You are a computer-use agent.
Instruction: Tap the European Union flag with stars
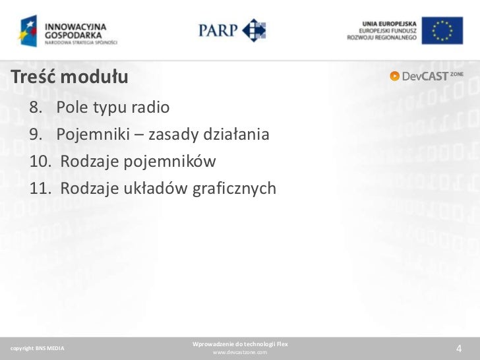click(447, 31)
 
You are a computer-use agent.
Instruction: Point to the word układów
click(159, 189)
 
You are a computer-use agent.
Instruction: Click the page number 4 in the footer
click(459, 349)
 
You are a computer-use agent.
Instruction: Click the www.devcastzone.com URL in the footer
click(239, 353)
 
